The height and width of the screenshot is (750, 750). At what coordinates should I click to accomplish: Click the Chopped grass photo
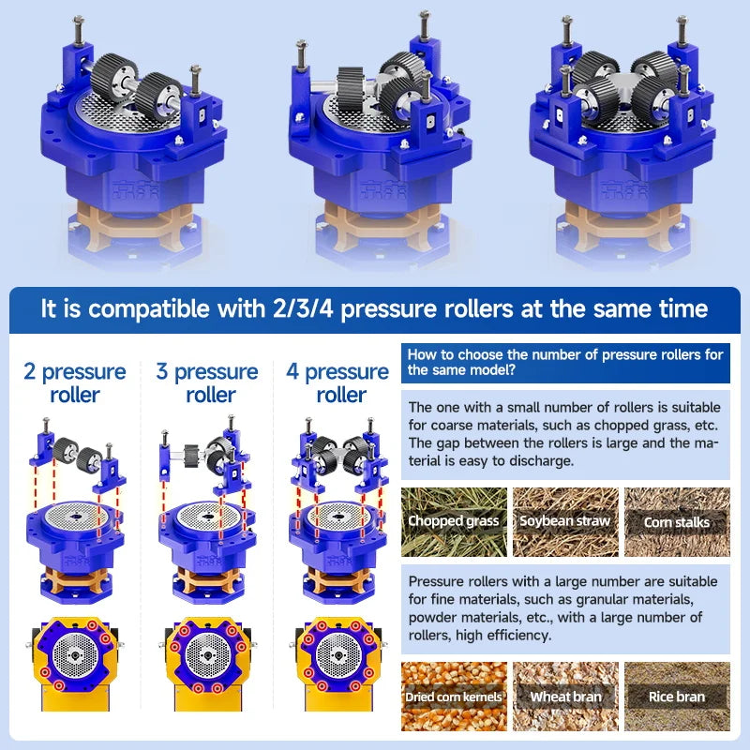(454, 522)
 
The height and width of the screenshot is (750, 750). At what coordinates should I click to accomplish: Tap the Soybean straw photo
(565, 522)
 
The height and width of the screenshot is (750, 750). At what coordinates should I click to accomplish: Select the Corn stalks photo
(677, 522)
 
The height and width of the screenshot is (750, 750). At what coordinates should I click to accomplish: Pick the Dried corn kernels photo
(454, 697)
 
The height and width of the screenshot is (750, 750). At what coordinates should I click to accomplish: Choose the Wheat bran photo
(565, 697)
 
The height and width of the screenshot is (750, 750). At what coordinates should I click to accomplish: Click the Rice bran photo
(677, 697)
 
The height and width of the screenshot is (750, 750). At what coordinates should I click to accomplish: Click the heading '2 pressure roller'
(75, 383)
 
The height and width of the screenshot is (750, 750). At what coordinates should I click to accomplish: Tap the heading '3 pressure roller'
(207, 383)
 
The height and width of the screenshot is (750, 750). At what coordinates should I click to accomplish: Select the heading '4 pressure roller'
(337, 383)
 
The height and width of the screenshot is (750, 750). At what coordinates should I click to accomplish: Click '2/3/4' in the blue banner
(303, 308)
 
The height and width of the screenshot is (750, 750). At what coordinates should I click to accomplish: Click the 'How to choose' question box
(565, 363)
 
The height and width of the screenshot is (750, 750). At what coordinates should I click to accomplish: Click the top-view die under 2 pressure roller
(75, 654)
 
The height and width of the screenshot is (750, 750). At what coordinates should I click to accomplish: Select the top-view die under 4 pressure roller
(338, 654)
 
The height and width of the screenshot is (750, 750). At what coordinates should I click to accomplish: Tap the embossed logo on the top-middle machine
(383, 190)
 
